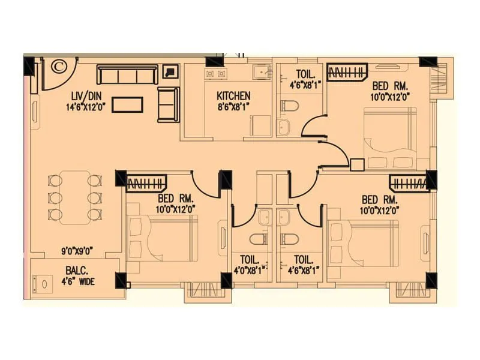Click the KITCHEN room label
pyautogui.click(x=233, y=96)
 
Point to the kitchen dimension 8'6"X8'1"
pyautogui.click(x=233, y=107)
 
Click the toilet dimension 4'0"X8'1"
pyautogui.click(x=250, y=270)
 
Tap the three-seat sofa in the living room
pyautogui.click(x=127, y=75)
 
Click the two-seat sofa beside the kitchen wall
pyautogui.click(x=167, y=104)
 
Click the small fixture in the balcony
pyautogui.click(x=43, y=283)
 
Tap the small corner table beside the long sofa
pyautogui.click(x=171, y=71)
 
